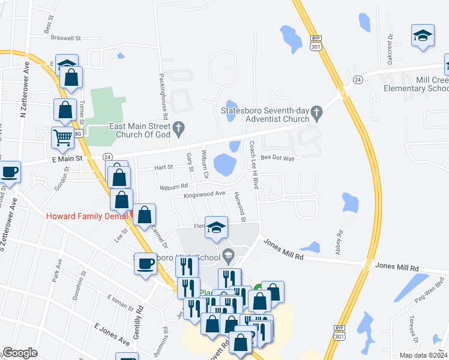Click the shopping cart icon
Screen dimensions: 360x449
pyautogui.click(x=62, y=137)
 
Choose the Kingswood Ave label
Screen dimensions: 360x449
pyautogui.click(x=205, y=194)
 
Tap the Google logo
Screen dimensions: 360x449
pyautogui.click(x=20, y=353)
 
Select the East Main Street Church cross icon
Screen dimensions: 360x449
pyautogui.click(x=178, y=127)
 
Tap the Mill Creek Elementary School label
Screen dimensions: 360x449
pyautogui.click(x=415, y=84)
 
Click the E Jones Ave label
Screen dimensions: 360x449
pyautogui.click(x=112, y=334)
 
